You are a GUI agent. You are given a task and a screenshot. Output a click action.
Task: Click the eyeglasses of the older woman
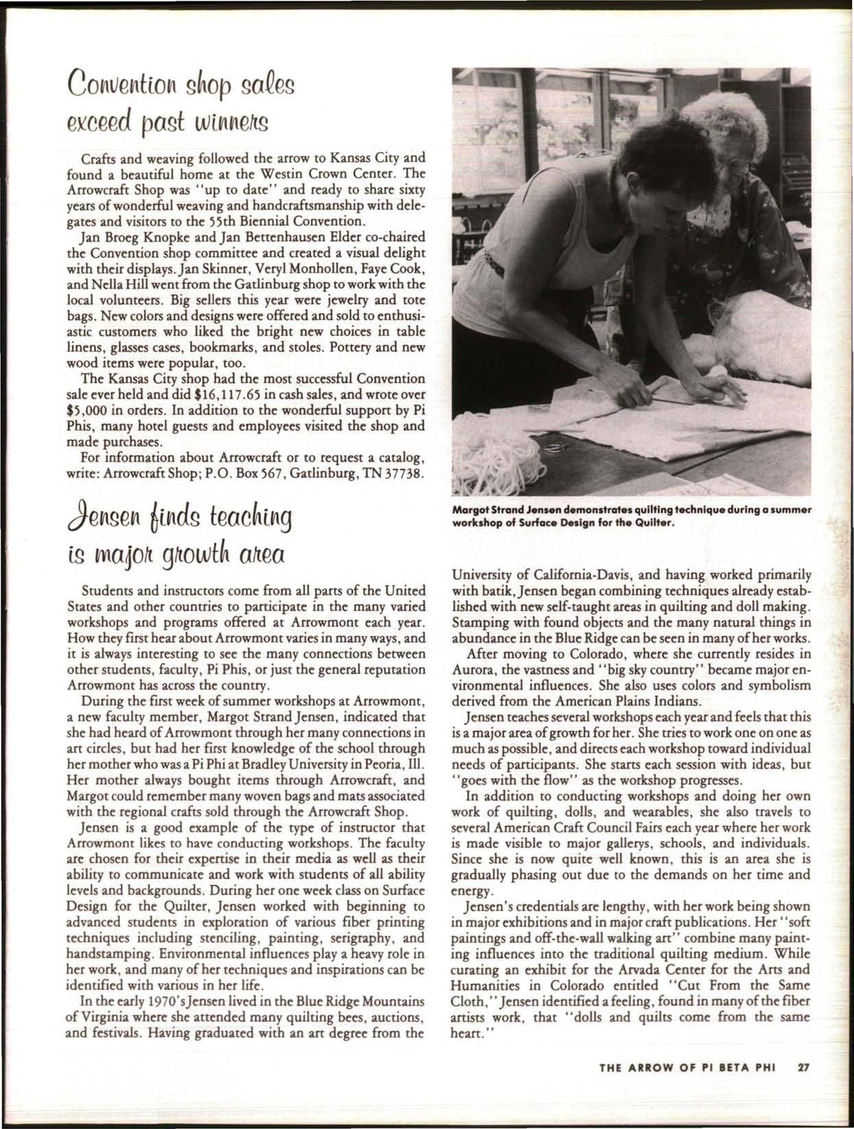coord(734,165)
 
